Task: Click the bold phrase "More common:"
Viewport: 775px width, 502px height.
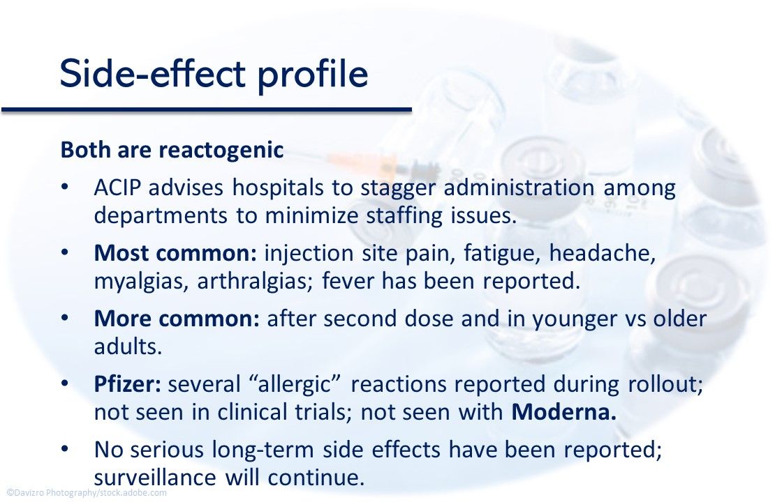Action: [x=177, y=319]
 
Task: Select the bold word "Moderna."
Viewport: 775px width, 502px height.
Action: [x=564, y=411]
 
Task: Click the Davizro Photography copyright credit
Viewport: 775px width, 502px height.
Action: [x=87, y=493]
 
